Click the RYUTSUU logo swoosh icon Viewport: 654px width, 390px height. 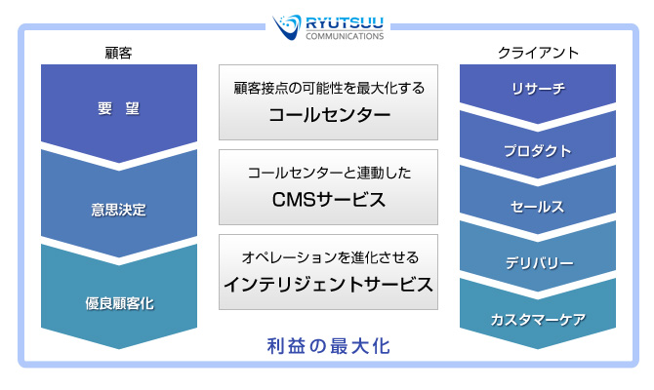[x=287, y=26]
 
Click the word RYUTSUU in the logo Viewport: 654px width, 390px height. [x=345, y=23]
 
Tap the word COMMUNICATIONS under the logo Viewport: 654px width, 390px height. [x=345, y=36]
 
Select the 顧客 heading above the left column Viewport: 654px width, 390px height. [x=118, y=54]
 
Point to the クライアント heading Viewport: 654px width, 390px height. [x=538, y=53]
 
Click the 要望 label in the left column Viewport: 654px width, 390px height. [x=118, y=109]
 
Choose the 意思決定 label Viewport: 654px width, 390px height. [x=119, y=210]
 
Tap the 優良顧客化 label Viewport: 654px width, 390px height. [x=119, y=303]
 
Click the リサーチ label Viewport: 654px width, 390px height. [x=539, y=89]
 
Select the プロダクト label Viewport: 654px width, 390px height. [x=538, y=151]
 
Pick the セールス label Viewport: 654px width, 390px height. [x=537, y=207]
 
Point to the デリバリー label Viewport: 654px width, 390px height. [x=540, y=263]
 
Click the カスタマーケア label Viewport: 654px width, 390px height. [x=538, y=320]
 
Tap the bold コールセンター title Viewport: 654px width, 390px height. [x=330, y=115]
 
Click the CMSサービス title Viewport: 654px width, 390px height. [x=329, y=200]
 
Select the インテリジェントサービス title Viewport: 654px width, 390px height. [x=329, y=285]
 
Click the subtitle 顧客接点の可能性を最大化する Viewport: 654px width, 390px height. [x=329, y=89]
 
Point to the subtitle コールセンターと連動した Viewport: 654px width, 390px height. [x=330, y=173]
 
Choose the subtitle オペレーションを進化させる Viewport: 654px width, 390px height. [x=330, y=257]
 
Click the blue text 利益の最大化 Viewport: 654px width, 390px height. [x=329, y=346]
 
